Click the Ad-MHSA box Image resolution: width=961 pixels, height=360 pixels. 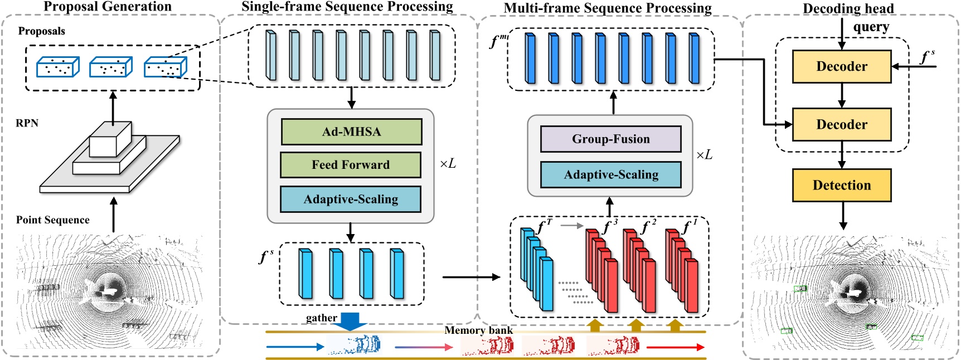point(351,132)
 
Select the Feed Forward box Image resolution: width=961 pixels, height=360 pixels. point(350,165)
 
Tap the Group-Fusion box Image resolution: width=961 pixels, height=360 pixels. point(610,139)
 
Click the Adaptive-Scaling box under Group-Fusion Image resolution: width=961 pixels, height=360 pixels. point(610,175)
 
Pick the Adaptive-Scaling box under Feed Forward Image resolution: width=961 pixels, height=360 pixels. point(350,200)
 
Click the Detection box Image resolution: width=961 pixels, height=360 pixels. point(841,185)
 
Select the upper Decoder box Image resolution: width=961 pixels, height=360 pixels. point(841,66)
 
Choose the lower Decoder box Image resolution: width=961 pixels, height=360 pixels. point(841,124)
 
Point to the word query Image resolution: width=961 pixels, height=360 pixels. point(871,27)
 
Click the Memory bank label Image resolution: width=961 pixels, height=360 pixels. point(478,330)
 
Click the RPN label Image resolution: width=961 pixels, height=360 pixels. point(27,123)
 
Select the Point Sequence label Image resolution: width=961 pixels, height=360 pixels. point(52,220)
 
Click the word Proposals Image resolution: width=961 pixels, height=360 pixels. point(41,31)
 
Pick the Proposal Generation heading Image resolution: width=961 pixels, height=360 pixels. point(107,7)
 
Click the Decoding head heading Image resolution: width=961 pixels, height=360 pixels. point(848,8)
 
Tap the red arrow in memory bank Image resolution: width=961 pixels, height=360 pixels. point(675,347)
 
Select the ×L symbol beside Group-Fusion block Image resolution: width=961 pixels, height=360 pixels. point(704,155)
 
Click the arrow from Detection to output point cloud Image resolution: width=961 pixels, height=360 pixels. point(843,216)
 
